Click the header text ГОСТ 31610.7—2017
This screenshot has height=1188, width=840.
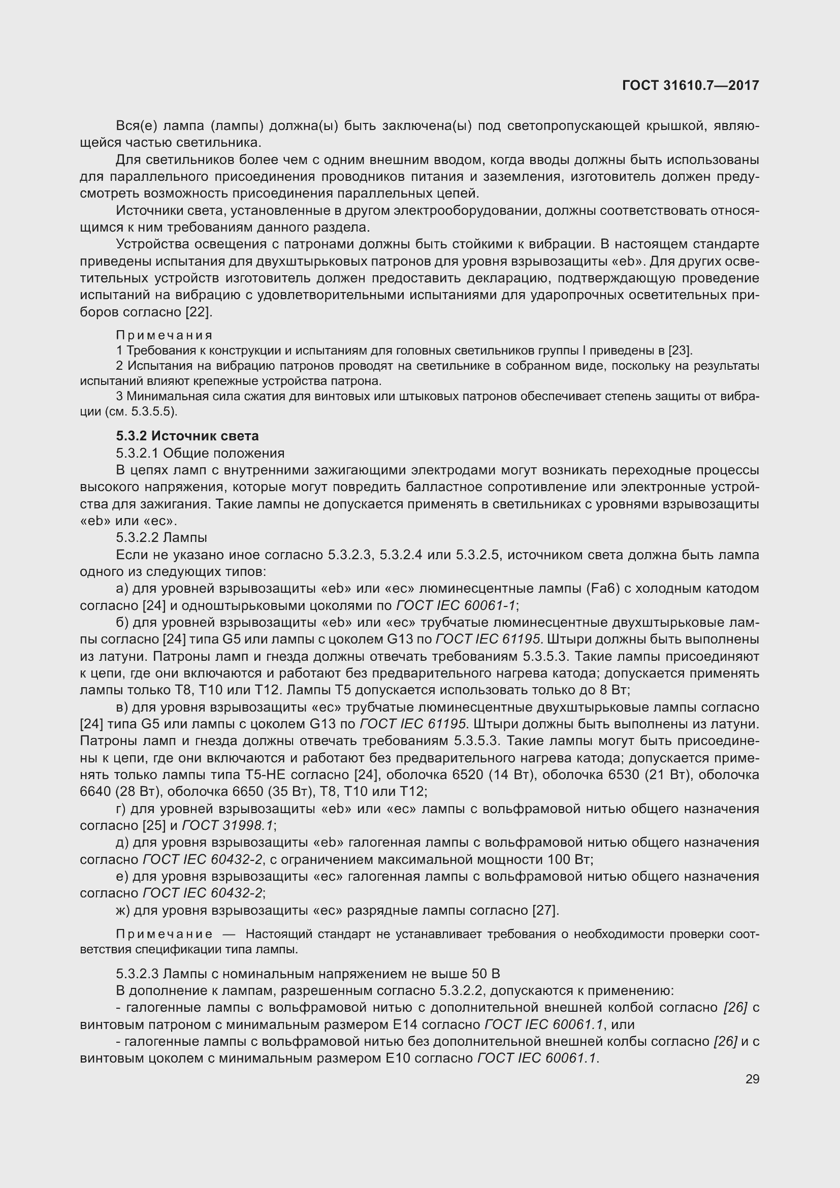click(x=691, y=85)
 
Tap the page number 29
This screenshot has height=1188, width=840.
click(x=752, y=1079)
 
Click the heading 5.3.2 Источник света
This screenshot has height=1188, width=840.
click(x=187, y=436)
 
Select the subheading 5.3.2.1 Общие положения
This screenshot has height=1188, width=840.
click(x=200, y=453)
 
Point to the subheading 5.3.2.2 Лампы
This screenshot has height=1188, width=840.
click(x=161, y=537)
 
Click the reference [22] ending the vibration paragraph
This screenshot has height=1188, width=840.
click(x=198, y=312)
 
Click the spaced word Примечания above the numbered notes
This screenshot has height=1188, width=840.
click(x=164, y=335)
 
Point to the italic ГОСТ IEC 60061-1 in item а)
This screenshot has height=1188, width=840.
click(x=456, y=605)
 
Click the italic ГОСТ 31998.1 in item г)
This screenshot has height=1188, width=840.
click(x=228, y=825)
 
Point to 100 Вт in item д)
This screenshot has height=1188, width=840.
click(x=569, y=859)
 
